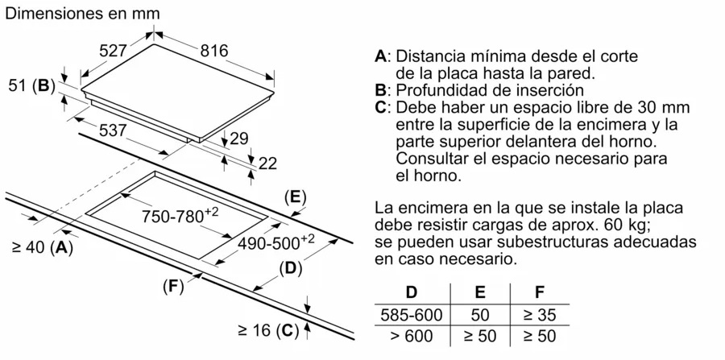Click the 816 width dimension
214,51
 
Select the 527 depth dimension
114,51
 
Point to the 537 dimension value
113,130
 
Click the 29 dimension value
239,139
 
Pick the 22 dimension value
267,163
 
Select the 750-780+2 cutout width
180,215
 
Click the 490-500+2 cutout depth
275,242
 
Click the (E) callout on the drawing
296,197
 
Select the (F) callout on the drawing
173,287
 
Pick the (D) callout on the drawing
290,268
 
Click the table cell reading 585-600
412,315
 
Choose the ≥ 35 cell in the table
539,315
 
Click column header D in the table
412,292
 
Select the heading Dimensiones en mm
82,14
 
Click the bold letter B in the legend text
380,89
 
